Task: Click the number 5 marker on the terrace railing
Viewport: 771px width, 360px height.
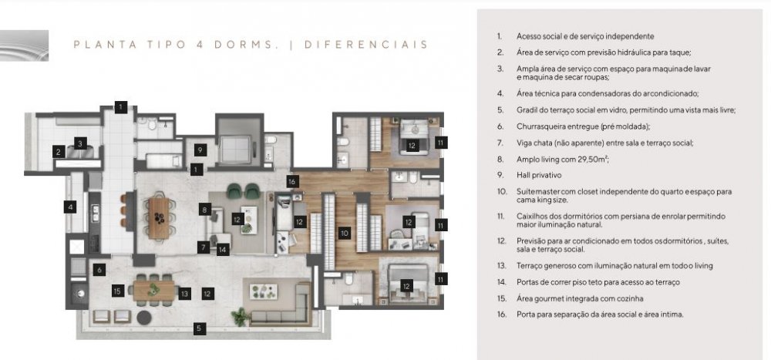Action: coord(199,328)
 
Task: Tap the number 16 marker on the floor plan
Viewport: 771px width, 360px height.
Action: coord(292,181)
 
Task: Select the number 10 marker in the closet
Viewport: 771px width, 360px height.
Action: coord(345,233)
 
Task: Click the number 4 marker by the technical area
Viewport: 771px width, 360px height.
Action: coord(70,207)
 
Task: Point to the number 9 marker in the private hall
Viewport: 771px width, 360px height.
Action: coord(199,150)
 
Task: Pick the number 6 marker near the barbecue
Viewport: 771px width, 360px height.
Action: coord(99,270)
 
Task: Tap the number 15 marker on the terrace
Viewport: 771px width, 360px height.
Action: coord(117,291)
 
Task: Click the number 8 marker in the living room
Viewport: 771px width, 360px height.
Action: coord(205,210)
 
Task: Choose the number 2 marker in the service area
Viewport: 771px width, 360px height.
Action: coord(59,152)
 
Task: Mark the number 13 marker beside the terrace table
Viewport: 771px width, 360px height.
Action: coord(184,294)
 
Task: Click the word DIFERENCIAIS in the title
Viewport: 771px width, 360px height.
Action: coord(365,45)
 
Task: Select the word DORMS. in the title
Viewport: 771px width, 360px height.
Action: coord(243,45)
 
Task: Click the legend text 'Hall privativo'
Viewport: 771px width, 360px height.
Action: coord(538,175)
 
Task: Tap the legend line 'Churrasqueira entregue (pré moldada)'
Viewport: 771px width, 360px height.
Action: coord(583,126)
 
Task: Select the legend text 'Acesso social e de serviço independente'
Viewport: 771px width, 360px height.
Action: coord(585,36)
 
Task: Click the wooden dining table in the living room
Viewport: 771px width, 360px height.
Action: coord(158,218)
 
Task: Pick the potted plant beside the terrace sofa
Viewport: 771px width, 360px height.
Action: coord(240,317)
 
